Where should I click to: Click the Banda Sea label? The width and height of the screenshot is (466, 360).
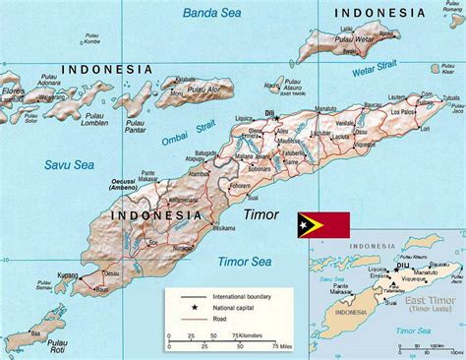pyautogui.click(x=211, y=14)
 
